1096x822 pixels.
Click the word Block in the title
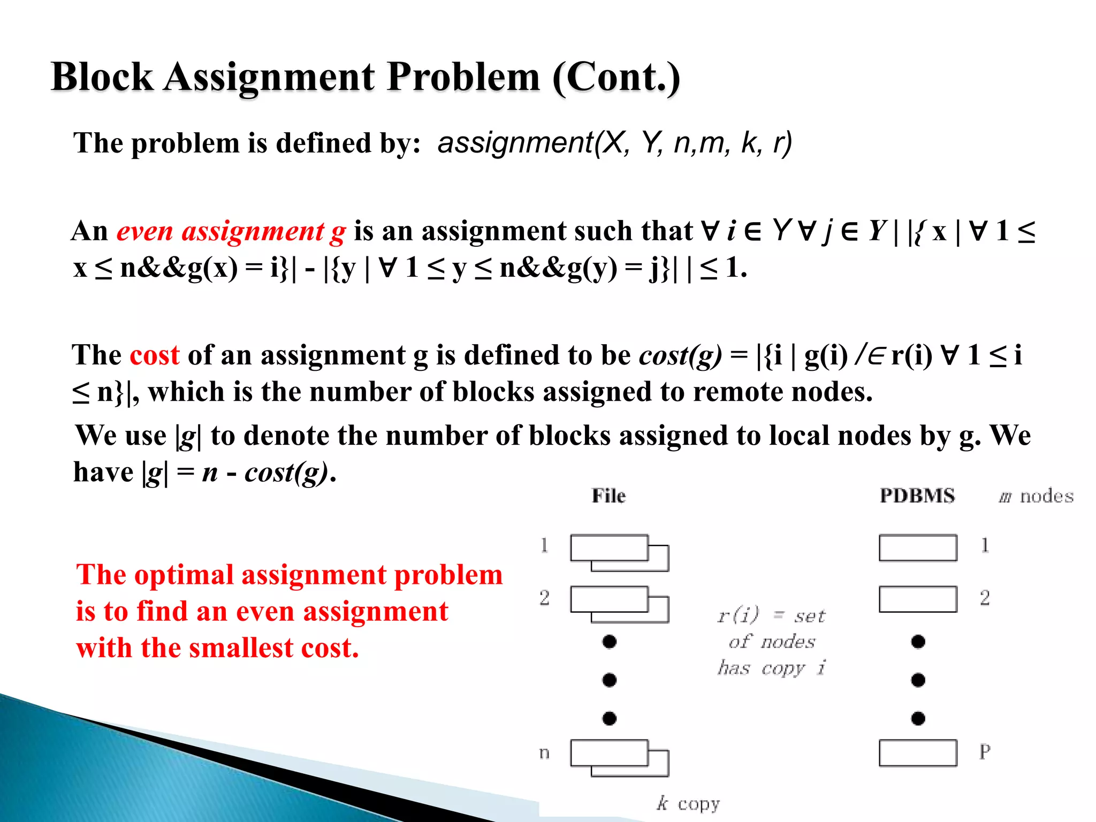click(x=102, y=77)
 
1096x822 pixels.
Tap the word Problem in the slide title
click(x=463, y=77)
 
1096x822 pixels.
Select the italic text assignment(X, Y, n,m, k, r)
click(x=614, y=143)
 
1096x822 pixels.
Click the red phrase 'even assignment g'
click(x=231, y=231)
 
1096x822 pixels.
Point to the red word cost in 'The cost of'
click(x=154, y=355)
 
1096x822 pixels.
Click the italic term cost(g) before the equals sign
click(x=680, y=355)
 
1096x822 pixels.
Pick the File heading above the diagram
click(x=608, y=496)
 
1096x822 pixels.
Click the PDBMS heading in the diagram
click(x=917, y=496)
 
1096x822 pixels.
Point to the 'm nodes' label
click(x=1036, y=496)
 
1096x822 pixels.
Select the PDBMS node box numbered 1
click(x=917, y=547)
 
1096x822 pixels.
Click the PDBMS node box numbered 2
click(x=917, y=599)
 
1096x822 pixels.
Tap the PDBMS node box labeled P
click(x=917, y=753)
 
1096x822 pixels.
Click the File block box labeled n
click(x=610, y=753)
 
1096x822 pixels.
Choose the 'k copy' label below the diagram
click(x=688, y=803)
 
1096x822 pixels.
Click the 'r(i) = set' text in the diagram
click(x=771, y=616)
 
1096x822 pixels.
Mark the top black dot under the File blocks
click(x=609, y=641)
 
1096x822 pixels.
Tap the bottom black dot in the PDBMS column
click(x=918, y=718)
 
